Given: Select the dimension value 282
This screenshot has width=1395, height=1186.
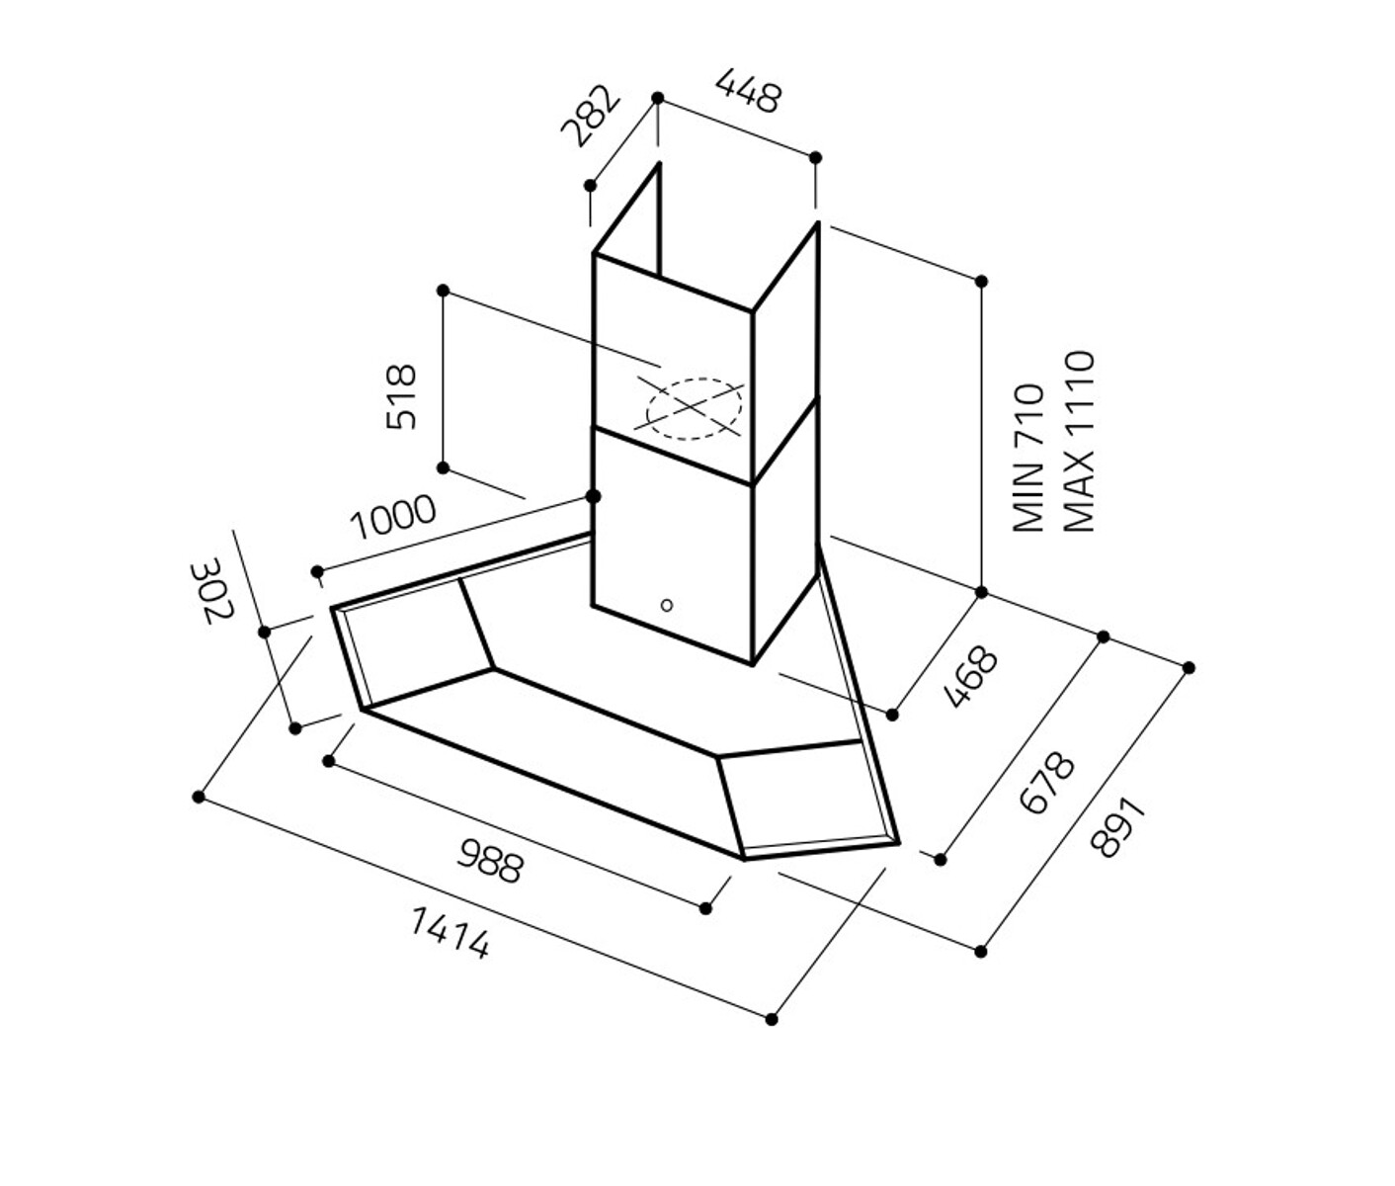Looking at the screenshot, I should tap(591, 118).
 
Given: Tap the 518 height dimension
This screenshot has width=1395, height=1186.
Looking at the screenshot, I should tap(401, 396).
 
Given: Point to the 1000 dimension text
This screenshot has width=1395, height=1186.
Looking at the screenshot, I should tap(393, 517).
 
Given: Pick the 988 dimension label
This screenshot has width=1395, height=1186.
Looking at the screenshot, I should tap(489, 860).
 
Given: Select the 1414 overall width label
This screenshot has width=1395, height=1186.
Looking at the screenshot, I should tap(450, 934).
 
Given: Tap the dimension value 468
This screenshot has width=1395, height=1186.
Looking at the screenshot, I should tap(971, 677).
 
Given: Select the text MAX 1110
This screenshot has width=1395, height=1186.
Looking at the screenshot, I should tap(1080, 441).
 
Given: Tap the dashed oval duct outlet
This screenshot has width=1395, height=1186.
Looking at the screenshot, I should tap(694, 409).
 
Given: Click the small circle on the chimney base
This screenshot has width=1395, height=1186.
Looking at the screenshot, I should tap(667, 605).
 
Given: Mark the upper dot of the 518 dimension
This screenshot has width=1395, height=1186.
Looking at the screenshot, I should tap(444, 291).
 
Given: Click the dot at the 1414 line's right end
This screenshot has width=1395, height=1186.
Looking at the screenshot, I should tap(772, 1019).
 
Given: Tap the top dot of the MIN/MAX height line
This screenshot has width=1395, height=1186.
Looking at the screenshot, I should tap(981, 282).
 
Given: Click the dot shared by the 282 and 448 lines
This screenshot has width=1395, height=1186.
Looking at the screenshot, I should tap(658, 98).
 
